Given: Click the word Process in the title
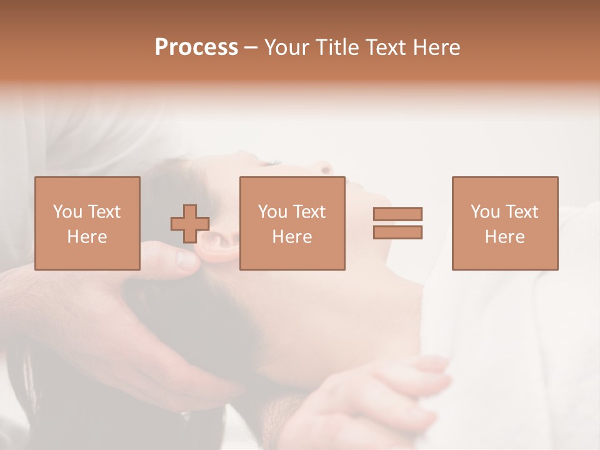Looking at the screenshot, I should coord(196,47).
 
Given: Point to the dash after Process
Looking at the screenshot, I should coord(251,48).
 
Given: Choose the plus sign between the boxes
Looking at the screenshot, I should coord(190,224).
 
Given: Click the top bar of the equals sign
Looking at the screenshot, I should coord(398,214).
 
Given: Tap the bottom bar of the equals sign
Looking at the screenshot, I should coord(398,232).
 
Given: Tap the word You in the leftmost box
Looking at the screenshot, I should coord(67,212).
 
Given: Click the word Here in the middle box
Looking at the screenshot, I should coord(292,237).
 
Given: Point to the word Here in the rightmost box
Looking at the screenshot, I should coord(505,237).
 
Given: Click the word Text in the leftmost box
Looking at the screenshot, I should coord(104,212).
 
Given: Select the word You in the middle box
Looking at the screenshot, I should coord(272,212).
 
